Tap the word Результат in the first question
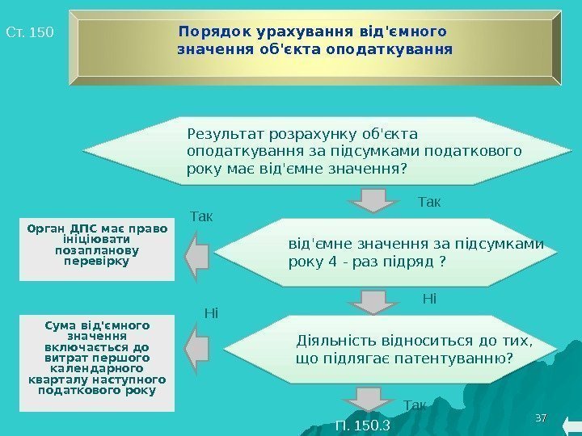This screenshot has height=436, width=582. pos(220,132)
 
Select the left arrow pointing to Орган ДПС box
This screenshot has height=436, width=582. pos(196,255)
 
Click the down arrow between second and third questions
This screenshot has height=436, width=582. pos(373,300)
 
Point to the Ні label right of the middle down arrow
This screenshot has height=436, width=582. pos(429,300)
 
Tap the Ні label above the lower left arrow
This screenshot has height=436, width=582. pos(211,312)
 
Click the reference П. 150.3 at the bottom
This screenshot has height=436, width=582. pos(362,426)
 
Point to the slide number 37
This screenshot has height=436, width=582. pos(542,417)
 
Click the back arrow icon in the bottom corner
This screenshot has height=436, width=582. pos(568,426)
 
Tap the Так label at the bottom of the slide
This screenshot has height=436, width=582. pos(413,405)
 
